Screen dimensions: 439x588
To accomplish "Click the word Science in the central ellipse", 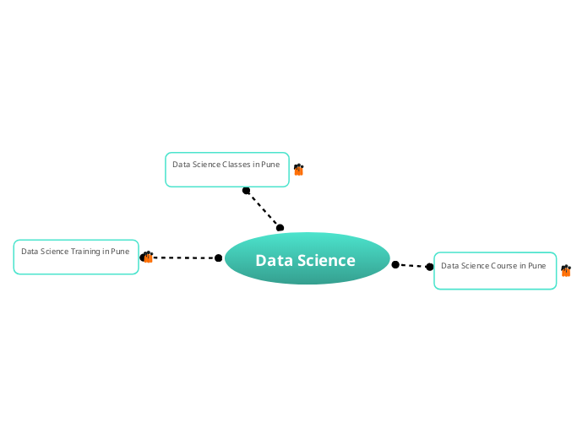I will pos(327,261).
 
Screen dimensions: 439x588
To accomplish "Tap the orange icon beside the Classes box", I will pos(298,170).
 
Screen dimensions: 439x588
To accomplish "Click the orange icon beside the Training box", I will pos(148,257).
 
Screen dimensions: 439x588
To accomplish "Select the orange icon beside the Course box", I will pos(566,271).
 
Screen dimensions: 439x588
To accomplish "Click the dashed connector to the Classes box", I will pos(263,209).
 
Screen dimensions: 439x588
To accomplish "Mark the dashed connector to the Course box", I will pos(412,266).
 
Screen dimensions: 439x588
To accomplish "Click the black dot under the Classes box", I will pos(247,191).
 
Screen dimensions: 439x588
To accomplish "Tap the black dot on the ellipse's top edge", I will pos(280,228).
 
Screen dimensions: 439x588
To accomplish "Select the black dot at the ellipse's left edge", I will pos(219,258).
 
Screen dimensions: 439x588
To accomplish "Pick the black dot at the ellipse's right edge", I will pos(395,265).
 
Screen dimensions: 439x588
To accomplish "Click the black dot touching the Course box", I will pos(430,267).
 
